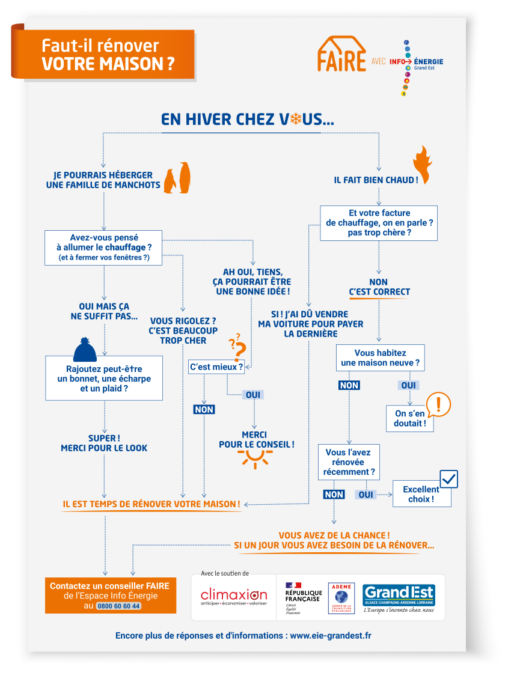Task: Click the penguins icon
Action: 179,178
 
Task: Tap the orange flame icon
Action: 423,164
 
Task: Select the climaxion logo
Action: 234,597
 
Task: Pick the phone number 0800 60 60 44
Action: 118,606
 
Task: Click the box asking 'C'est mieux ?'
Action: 216,367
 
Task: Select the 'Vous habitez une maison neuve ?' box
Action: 380,358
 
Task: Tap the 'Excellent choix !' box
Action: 421,494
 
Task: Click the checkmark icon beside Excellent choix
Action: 448,479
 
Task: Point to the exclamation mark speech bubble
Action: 438,404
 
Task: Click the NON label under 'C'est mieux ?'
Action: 204,409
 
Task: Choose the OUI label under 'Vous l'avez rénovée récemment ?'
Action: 366,495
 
